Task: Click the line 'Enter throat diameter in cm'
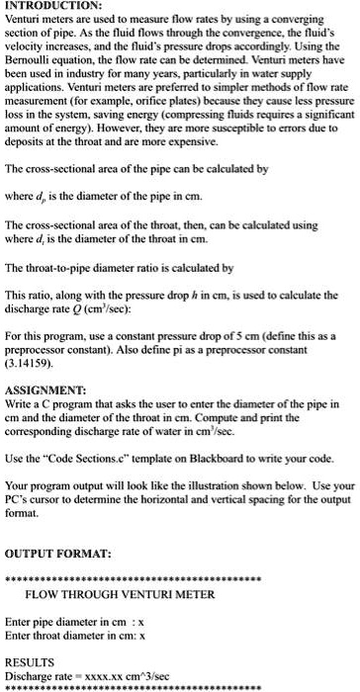point(73,638)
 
